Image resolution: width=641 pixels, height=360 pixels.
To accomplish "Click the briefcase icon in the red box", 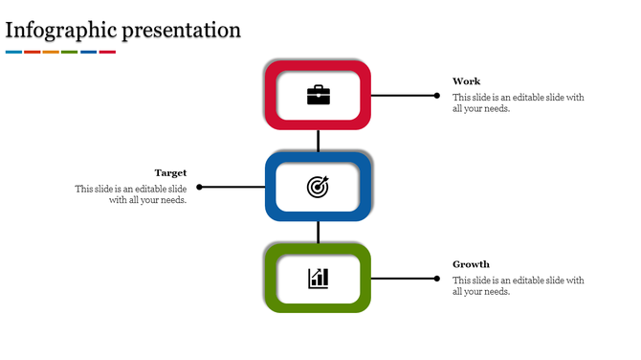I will point(318,95).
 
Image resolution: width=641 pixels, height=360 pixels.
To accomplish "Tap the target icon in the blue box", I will point(318,187).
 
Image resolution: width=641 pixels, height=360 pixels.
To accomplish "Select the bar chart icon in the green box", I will point(318,279).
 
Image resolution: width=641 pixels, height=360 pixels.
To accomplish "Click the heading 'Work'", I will point(467,81).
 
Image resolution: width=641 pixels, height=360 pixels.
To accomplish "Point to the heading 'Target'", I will point(170,172).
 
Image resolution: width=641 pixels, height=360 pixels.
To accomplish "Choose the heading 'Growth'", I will point(471,264).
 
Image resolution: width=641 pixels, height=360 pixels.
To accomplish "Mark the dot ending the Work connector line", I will point(437,95).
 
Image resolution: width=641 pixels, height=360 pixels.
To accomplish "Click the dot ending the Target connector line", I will point(199,187).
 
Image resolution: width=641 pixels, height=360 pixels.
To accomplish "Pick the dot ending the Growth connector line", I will point(437,279).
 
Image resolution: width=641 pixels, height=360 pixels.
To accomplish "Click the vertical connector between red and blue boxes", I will point(318,140).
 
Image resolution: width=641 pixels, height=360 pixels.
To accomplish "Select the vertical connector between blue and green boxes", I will point(318,232).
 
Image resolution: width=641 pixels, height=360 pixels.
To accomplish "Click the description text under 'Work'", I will point(518,102).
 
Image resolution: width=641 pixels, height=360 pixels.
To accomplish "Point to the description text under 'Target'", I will point(131,194).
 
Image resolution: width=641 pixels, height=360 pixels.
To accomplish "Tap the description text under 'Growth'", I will point(518,285).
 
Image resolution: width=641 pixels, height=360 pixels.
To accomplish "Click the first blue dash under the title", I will point(13,52).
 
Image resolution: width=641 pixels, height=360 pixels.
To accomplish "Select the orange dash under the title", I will point(51,52).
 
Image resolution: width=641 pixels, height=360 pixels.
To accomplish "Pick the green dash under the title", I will point(69,52).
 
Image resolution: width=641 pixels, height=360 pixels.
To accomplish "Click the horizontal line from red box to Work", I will point(402,95).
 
